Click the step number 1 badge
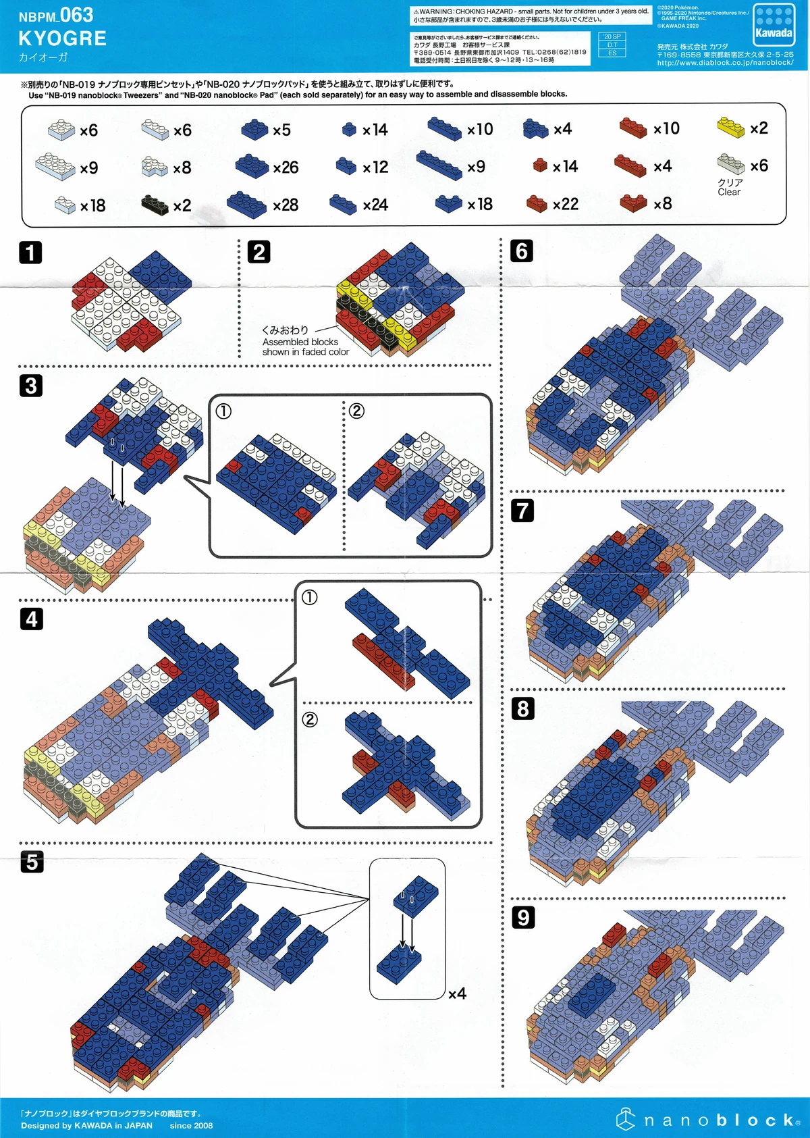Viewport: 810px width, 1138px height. (30, 253)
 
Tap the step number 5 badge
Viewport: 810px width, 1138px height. (32, 862)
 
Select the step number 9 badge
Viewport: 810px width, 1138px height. (523, 917)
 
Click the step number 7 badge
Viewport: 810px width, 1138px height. (522, 510)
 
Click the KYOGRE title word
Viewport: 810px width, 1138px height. (62, 38)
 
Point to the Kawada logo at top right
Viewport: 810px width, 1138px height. (774, 25)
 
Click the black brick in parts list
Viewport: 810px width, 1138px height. (155, 205)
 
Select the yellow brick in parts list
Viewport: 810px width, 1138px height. (730, 127)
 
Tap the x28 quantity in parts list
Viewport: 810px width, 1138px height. (286, 205)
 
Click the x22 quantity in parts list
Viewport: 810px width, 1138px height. (565, 204)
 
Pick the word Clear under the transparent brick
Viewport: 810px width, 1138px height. (729, 192)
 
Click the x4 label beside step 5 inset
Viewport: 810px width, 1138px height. (458, 993)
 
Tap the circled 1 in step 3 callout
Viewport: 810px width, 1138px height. (223, 411)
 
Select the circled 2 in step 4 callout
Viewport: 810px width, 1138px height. (310, 719)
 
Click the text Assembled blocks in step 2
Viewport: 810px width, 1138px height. (300, 342)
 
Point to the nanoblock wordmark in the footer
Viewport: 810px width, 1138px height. (718, 1120)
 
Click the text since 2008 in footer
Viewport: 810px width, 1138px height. (191, 1125)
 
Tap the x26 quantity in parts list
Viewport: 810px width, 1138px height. (286, 167)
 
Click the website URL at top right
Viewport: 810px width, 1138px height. (725, 63)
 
